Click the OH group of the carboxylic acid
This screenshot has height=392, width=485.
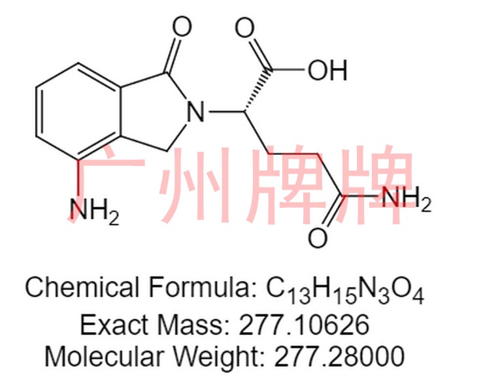pos(327,70)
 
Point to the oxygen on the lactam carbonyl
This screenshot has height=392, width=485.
pos(182,27)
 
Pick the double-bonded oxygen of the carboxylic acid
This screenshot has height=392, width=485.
pos(244,27)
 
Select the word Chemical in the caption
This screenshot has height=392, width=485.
pos(82,287)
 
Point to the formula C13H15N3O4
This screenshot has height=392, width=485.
pos(345,290)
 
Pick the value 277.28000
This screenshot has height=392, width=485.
pos(339,356)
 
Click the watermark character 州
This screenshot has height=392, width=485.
pos(194,185)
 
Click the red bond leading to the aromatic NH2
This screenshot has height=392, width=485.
pos(78,179)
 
